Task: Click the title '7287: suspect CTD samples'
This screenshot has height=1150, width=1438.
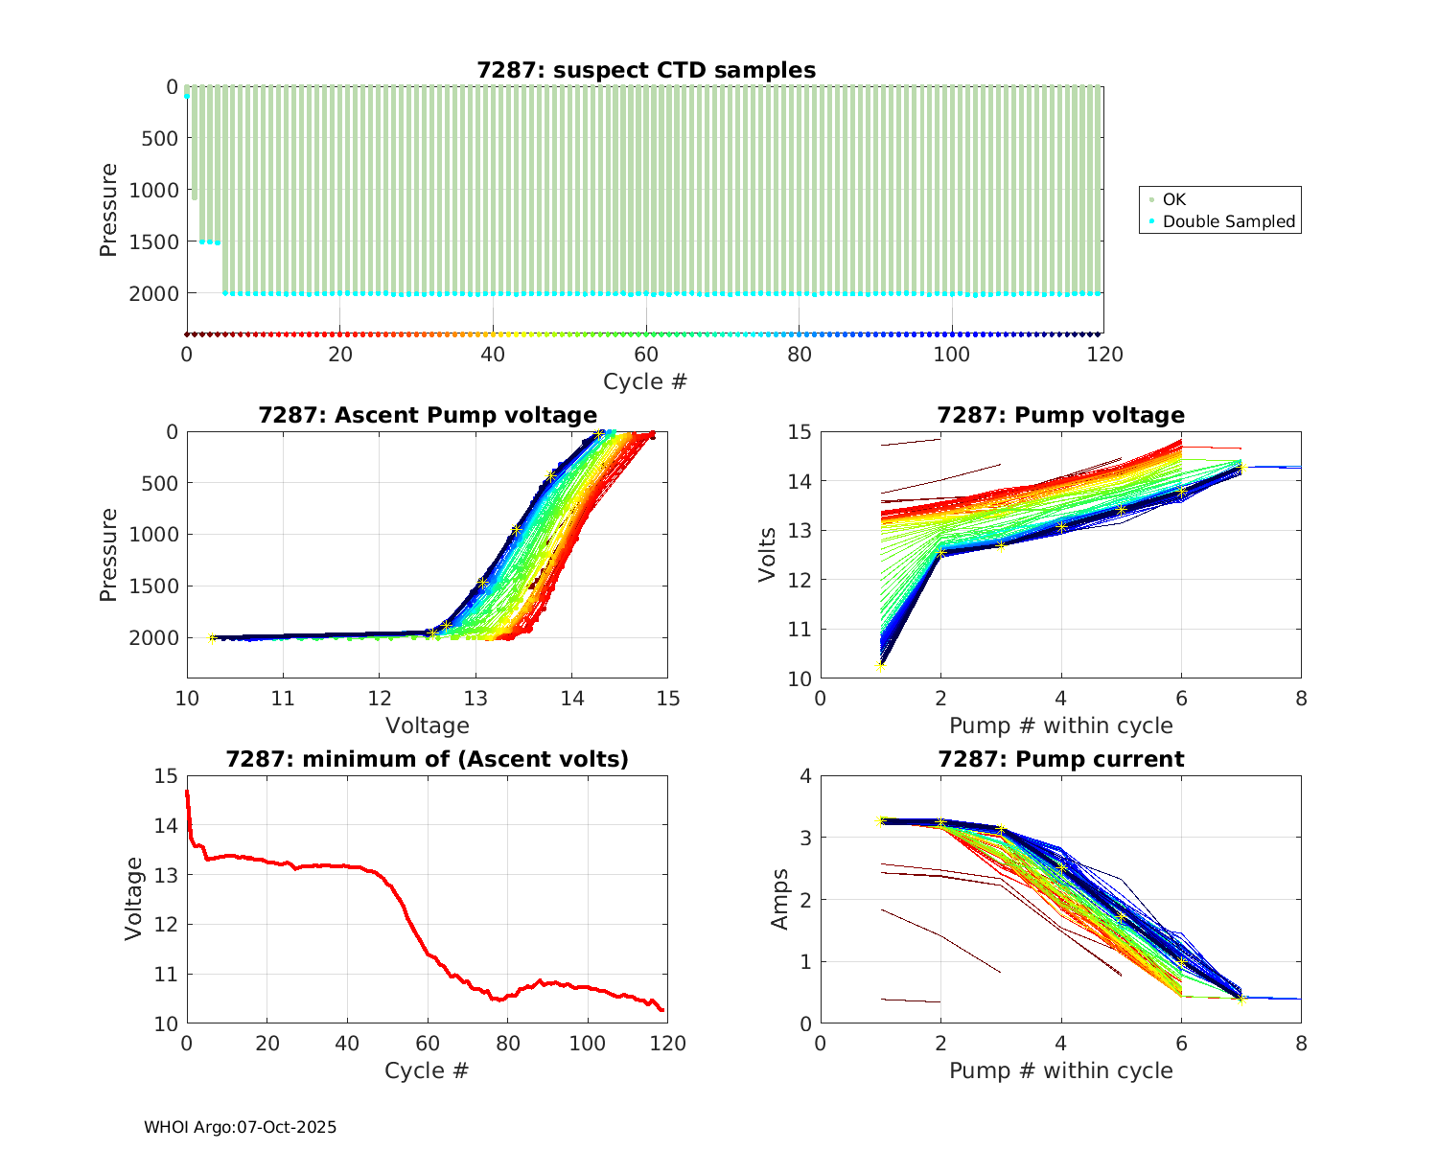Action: point(646,70)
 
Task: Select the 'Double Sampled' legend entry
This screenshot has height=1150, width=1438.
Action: point(1229,221)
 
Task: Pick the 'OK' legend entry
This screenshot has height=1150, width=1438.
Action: point(1174,199)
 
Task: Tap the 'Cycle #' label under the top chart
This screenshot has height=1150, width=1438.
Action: point(645,381)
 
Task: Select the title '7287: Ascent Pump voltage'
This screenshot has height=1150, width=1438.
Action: point(428,415)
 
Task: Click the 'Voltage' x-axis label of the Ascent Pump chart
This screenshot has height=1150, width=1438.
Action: point(428,725)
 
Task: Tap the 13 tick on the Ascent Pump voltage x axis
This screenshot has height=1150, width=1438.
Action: point(475,698)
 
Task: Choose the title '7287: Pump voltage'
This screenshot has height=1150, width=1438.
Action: point(1060,415)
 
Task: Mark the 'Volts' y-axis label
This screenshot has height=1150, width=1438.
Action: point(767,555)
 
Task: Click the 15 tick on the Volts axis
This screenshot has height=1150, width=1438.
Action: point(800,432)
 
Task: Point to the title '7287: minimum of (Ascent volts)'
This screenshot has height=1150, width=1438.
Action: point(428,759)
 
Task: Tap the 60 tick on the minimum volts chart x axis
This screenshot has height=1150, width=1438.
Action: point(428,1044)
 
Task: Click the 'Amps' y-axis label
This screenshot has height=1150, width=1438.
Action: point(780,899)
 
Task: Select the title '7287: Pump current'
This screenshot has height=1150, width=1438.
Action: point(1060,759)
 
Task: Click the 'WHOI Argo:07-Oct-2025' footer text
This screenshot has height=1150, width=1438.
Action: point(240,1127)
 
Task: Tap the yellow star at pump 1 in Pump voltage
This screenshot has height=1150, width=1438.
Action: point(880,665)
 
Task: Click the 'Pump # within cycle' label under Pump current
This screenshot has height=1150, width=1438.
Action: point(1060,1070)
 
